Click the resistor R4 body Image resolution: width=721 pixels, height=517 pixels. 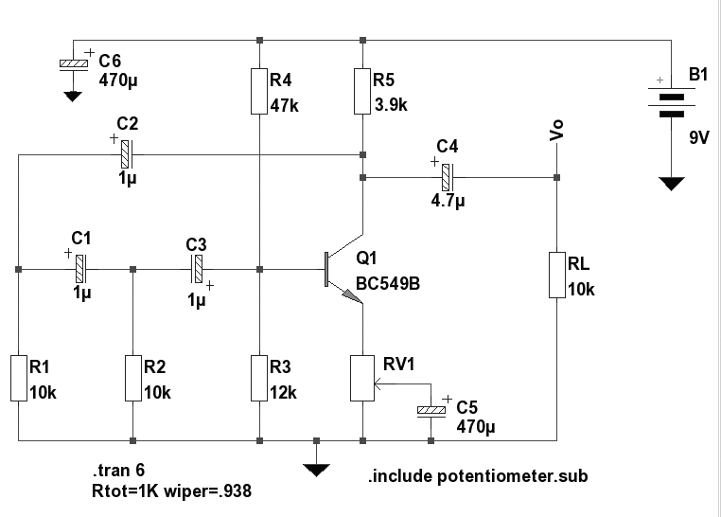(x=259, y=91)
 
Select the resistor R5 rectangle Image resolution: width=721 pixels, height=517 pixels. (x=361, y=91)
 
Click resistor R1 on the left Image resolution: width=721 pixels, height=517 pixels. (x=18, y=378)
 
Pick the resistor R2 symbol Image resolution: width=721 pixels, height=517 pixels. (x=132, y=378)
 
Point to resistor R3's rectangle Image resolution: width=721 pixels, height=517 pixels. (x=259, y=378)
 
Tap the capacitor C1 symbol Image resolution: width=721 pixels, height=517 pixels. (x=81, y=269)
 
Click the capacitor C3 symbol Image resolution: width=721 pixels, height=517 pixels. (x=197, y=269)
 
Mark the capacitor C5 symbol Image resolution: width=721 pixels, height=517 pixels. (x=431, y=410)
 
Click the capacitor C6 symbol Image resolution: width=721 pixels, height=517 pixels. (x=73, y=64)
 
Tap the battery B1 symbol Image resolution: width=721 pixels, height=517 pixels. (x=671, y=103)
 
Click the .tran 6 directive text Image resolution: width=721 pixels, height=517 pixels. (x=120, y=471)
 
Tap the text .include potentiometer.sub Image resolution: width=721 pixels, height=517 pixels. (x=477, y=475)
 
